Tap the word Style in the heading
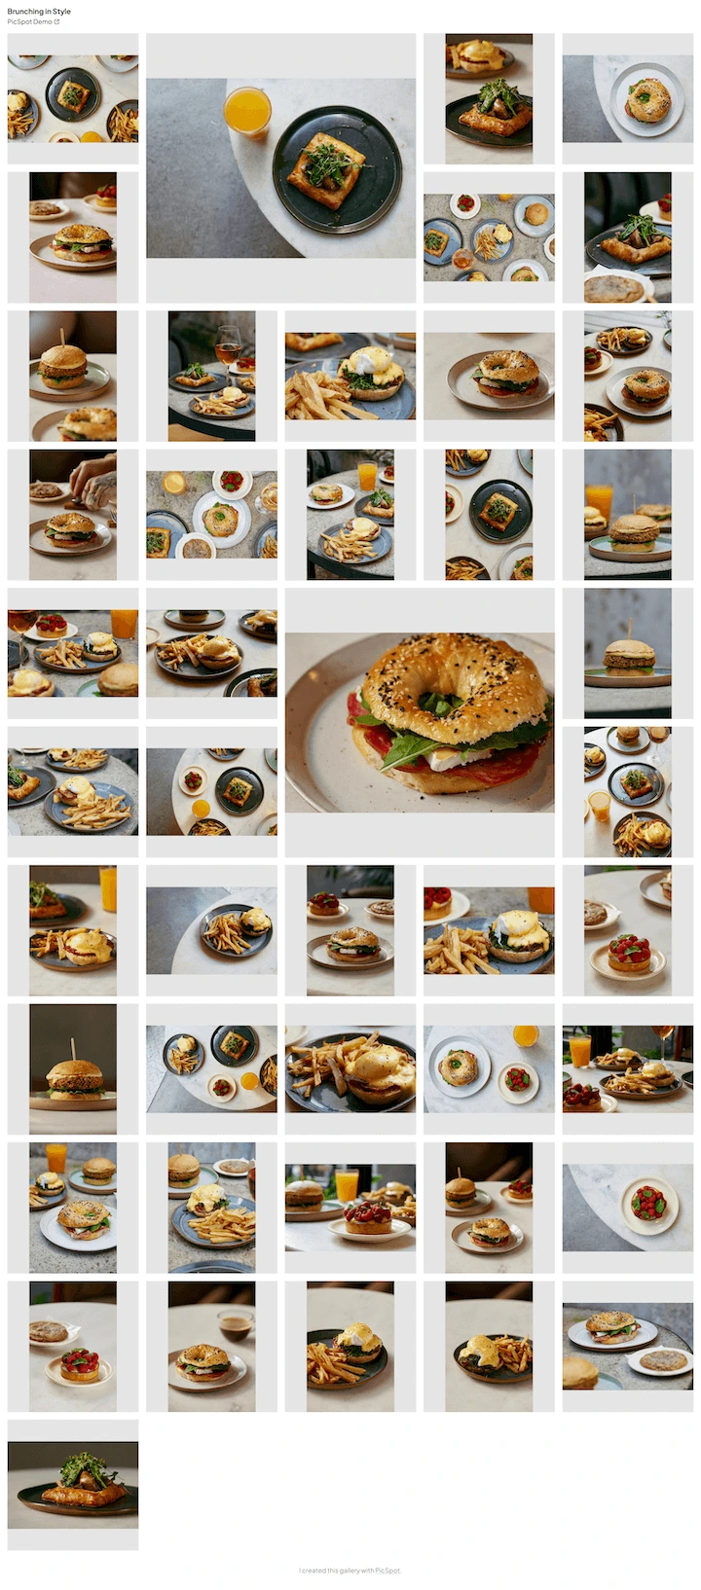click(61, 12)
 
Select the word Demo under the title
click(43, 22)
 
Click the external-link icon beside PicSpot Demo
click(56, 22)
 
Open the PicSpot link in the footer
click(387, 1571)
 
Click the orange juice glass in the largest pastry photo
click(247, 111)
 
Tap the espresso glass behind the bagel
click(235, 1324)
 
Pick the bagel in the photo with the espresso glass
click(203, 1358)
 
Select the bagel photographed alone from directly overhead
click(647, 99)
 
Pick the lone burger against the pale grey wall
click(629, 652)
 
